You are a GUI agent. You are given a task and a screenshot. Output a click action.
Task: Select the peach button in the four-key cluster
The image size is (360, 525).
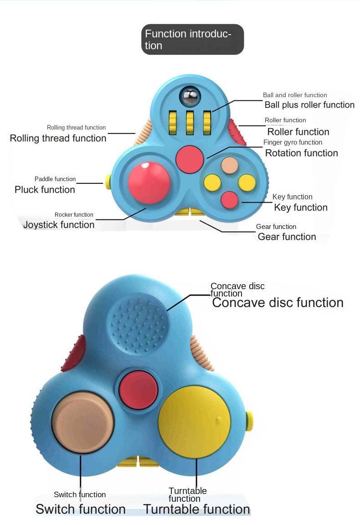(229, 166)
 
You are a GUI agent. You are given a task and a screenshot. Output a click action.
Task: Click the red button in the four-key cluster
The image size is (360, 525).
(229, 200)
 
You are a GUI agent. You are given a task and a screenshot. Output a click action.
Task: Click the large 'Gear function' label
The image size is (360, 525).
(287, 237)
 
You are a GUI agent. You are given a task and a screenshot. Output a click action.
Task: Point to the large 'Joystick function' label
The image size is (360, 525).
(59, 224)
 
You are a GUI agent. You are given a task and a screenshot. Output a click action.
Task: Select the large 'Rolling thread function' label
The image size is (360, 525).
(58, 138)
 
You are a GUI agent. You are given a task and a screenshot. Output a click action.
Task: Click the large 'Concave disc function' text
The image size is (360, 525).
(278, 303)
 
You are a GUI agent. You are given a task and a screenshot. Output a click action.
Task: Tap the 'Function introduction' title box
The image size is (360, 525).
(192, 40)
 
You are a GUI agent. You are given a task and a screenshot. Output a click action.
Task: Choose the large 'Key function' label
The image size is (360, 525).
(300, 208)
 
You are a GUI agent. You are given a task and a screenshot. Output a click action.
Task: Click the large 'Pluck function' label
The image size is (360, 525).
(45, 190)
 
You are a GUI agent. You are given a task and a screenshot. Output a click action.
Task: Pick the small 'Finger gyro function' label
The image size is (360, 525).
(293, 143)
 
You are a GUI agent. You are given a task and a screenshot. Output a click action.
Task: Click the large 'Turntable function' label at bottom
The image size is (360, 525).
(196, 509)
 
